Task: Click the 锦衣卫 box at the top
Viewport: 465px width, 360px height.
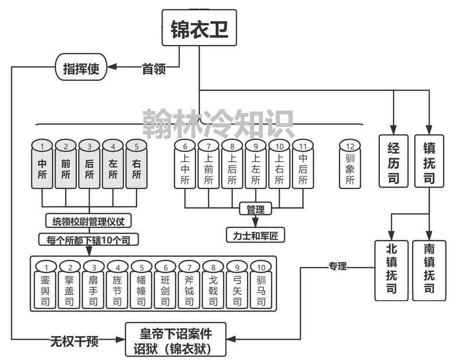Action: (199, 29)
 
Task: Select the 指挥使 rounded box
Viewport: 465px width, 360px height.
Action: (81, 68)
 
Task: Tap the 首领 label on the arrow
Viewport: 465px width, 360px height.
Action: (154, 69)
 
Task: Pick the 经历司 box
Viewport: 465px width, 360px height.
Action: (394, 161)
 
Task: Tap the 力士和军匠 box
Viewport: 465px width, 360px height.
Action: (255, 235)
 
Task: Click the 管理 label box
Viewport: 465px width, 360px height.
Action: (255, 209)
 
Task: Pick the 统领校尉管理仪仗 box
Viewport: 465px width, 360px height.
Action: (89, 221)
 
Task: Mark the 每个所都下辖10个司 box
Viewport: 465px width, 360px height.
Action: (89, 239)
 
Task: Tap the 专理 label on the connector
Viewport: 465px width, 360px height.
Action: (338, 266)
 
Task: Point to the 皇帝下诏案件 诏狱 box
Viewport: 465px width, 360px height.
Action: (176, 339)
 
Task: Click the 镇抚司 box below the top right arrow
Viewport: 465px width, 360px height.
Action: (429, 161)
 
